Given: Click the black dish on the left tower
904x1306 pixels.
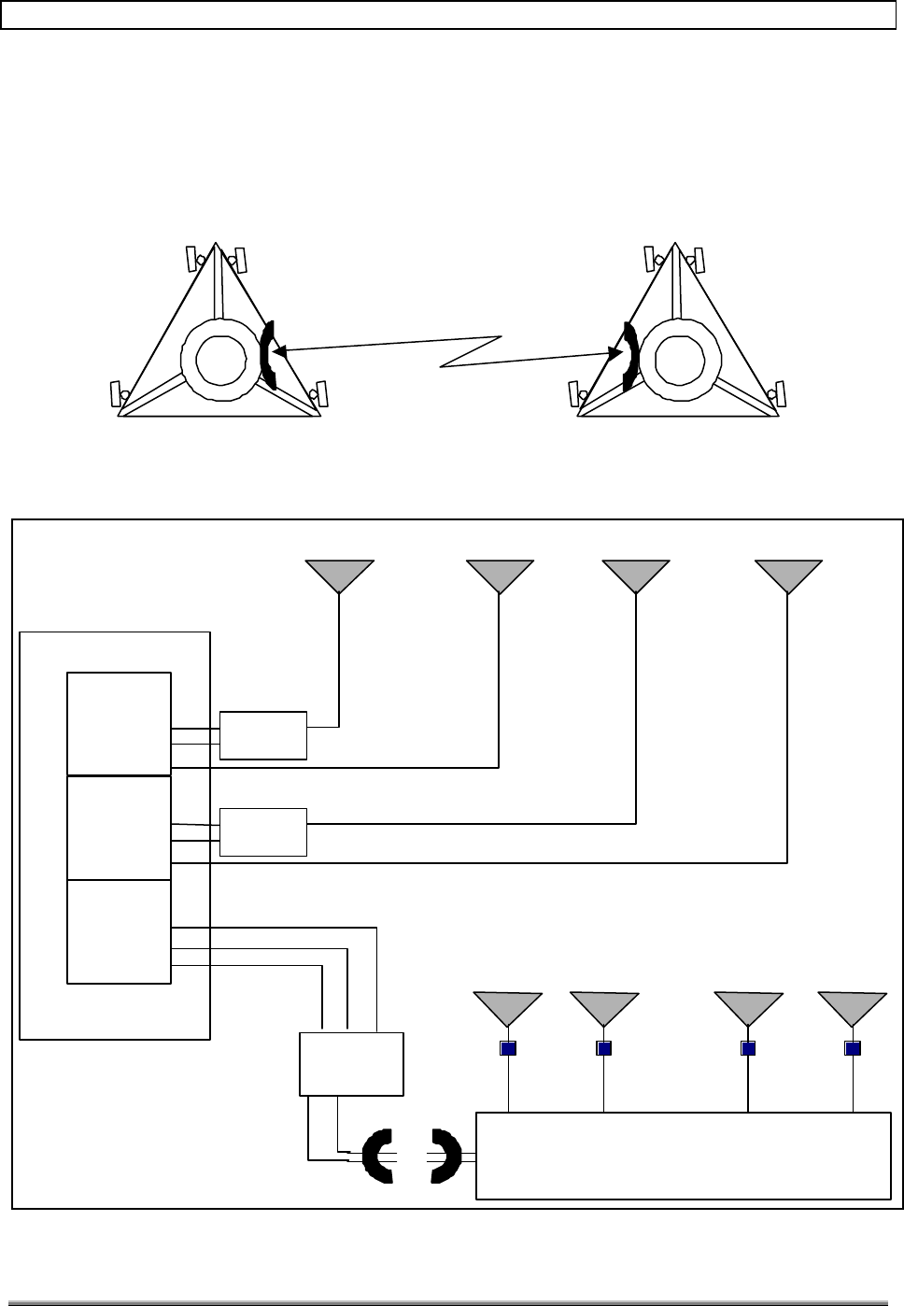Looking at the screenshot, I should pyautogui.click(x=268, y=354).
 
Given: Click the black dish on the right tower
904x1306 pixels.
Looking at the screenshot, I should pyautogui.click(x=629, y=355).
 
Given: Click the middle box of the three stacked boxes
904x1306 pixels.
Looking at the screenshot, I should pyautogui.click(x=120, y=827).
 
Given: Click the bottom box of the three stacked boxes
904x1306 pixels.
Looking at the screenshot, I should pyautogui.click(x=120, y=930).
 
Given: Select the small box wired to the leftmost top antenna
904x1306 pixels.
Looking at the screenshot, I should pyautogui.click(x=263, y=735).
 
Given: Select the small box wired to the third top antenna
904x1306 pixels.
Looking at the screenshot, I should pyautogui.click(x=263, y=831).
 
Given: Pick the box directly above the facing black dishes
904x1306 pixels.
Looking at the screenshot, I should pyautogui.click(x=351, y=1063).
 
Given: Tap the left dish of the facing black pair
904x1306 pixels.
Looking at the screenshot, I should pyautogui.click(x=378, y=1157).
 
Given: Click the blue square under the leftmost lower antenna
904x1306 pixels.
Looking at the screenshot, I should pyautogui.click(x=508, y=1048).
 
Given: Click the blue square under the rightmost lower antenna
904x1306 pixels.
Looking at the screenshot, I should pyautogui.click(x=853, y=1048).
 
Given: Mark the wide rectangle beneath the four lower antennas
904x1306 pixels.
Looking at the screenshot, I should pyautogui.click(x=683, y=1155).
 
